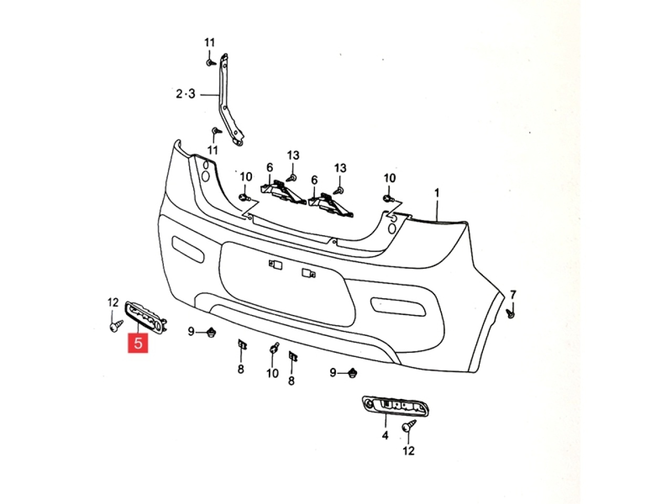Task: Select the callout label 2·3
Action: (185, 94)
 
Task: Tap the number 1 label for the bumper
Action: (436, 193)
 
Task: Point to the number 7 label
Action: (513, 294)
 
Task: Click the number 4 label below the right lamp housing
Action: (385, 435)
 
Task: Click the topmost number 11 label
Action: (210, 43)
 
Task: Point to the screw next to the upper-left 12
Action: (115, 327)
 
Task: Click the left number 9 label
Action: (192, 331)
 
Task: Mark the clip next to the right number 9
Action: (352, 373)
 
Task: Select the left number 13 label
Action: (293, 155)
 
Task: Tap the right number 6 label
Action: (314, 180)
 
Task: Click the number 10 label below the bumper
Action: (272, 373)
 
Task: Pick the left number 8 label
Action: (240, 369)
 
